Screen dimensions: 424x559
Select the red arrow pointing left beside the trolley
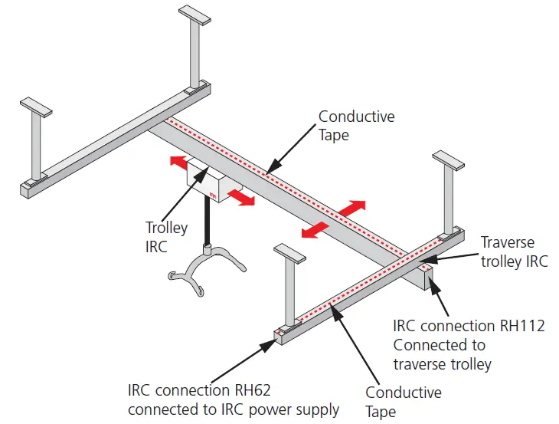(178, 162)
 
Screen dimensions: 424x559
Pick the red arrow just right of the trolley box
(241, 198)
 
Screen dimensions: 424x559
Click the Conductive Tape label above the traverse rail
(356, 126)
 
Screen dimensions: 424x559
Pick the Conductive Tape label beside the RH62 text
(403, 402)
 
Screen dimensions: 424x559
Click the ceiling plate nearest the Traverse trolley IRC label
(448, 159)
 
